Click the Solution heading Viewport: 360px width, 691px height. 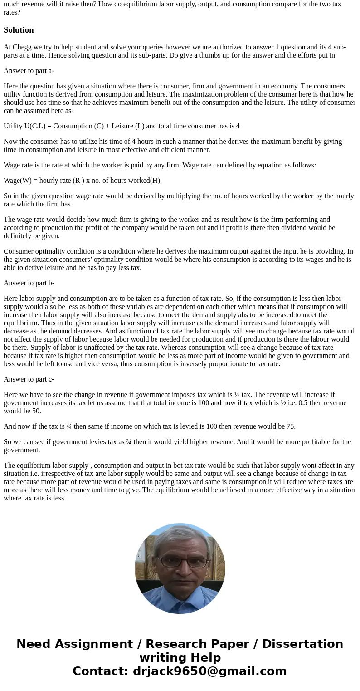coord(19,30)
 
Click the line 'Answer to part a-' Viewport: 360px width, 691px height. coord(29,71)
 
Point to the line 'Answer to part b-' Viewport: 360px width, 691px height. coord(29,283)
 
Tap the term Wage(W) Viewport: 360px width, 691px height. coord(18,181)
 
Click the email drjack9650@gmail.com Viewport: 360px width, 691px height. coord(209,671)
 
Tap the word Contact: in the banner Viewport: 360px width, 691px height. coord(100,671)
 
